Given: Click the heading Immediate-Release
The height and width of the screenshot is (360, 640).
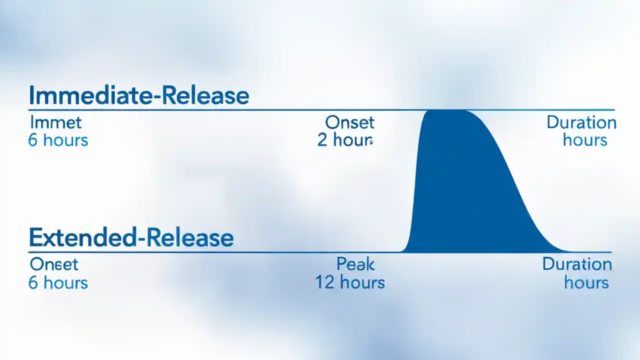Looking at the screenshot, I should pos(138,95).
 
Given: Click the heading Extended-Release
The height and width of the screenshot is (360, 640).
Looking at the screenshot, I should pos(131,237).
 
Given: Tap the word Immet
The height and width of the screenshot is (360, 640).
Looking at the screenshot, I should pos(55,122).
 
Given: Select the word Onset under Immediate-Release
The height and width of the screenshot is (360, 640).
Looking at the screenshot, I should pos(349,122).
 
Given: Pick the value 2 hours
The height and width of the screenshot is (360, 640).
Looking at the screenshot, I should pos(345,140).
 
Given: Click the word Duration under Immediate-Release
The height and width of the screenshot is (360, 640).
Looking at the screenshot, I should pos(581,122).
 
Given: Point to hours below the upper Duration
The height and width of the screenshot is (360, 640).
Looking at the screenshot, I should pos(585,139).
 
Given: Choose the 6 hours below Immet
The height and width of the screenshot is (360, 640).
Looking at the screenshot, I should pos(58,140).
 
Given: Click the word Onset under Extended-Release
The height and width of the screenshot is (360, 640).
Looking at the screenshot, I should pos(54,264).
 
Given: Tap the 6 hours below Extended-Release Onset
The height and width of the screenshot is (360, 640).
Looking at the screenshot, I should pos(58,282).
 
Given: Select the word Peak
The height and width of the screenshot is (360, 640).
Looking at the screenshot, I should pos(355,264).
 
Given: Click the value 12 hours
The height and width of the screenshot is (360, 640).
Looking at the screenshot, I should pos(350,282).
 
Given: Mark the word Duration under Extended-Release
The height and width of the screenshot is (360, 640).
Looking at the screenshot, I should pos(577,264).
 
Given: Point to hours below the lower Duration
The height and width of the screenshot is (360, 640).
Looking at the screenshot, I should pos(586,282).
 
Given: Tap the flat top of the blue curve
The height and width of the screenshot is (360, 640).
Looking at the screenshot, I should pos(447,112).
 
